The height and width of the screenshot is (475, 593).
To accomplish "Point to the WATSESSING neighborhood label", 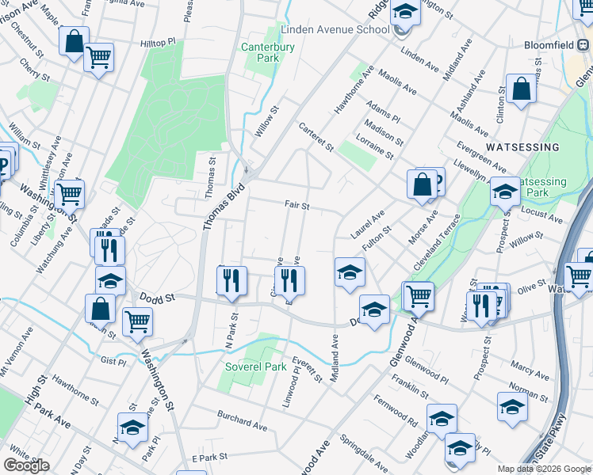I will point(522,147).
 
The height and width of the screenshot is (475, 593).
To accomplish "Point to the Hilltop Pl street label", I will point(157,44).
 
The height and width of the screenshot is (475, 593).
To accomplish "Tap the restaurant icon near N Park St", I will point(231,280).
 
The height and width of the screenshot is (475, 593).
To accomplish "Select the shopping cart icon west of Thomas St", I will point(69,192).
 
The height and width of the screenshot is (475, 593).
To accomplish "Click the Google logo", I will point(26,465).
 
